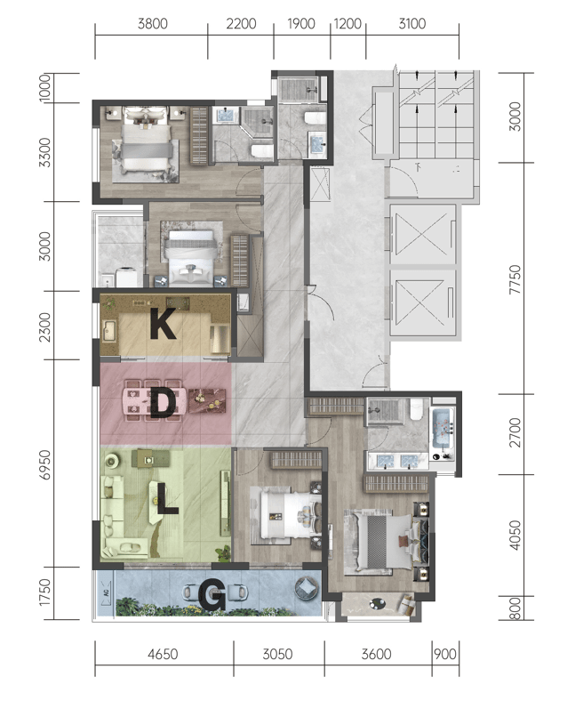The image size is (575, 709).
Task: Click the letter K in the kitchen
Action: pos(163,324)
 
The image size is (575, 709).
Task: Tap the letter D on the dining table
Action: pos(163,403)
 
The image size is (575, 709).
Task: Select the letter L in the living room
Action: pos(167,499)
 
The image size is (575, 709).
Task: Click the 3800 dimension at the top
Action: pos(153,23)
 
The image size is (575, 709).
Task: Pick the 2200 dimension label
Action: pos(241,23)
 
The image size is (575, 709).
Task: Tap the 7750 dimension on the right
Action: pos(515,279)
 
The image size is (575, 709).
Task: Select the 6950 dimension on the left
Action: pos(45,464)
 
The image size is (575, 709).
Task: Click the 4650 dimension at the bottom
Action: pos(163,654)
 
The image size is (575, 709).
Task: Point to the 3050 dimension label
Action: pos(278,654)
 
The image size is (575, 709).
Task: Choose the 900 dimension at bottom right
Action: pos(445,654)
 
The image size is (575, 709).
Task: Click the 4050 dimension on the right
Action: pos(515,536)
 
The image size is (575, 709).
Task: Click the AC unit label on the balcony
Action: pos(106,592)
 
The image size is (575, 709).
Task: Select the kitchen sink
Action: pos(109,331)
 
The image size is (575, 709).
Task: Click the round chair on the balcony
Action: pos(307,587)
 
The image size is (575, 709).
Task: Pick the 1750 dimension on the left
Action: pos(45,592)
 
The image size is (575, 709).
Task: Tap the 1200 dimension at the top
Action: pos(347,23)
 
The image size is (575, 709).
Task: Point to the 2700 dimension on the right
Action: pos(515,432)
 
